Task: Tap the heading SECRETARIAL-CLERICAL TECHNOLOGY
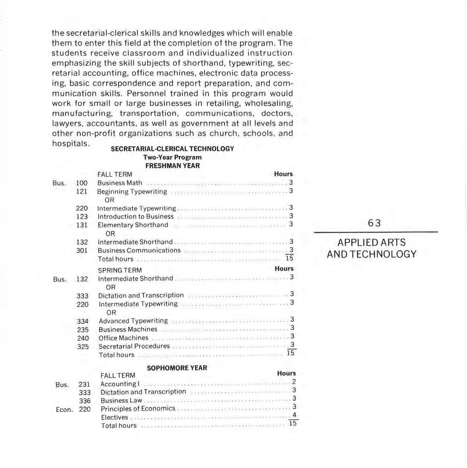pos(172,148)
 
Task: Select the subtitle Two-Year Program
pos(172,157)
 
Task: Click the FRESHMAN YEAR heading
pos(172,165)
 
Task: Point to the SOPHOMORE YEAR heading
pos(177,368)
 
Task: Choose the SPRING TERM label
pos(120,270)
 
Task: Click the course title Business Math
pos(120,183)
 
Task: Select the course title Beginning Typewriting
pos(132,192)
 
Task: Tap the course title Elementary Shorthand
pos(133,225)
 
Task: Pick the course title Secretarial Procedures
pos(134,346)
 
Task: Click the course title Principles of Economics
pos(138,408)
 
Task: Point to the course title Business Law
pos(121,400)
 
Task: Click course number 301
pos(82,250)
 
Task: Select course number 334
pos(82,321)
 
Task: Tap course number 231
pos(84,384)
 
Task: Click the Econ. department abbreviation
pos(64,410)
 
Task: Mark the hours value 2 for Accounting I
pos(294,381)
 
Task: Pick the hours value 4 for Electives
pos(294,415)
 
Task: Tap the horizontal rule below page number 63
pos(375,232)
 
